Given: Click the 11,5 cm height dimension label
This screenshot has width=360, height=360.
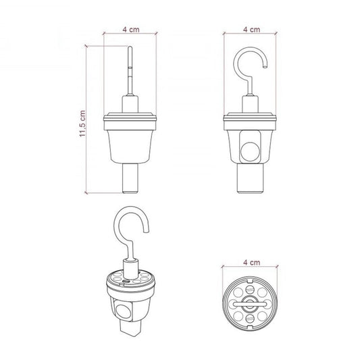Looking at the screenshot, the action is tap(82, 124).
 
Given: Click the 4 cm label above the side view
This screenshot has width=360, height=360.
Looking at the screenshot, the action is tap(131, 30).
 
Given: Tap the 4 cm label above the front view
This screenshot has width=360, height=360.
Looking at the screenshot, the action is tap(252, 30).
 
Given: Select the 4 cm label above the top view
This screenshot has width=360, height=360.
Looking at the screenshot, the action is tap(252, 263).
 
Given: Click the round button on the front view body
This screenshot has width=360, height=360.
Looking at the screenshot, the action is tap(250, 151).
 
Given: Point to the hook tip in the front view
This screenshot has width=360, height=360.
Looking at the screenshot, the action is tap(265, 67).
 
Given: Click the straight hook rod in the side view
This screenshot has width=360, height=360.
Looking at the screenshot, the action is tap(130, 70).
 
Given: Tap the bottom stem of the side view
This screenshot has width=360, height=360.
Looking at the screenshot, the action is tap(130, 178).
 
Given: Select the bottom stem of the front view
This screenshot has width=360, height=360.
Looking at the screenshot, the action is tap(250, 178).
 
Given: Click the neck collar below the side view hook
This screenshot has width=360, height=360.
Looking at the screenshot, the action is tap(130, 104).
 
